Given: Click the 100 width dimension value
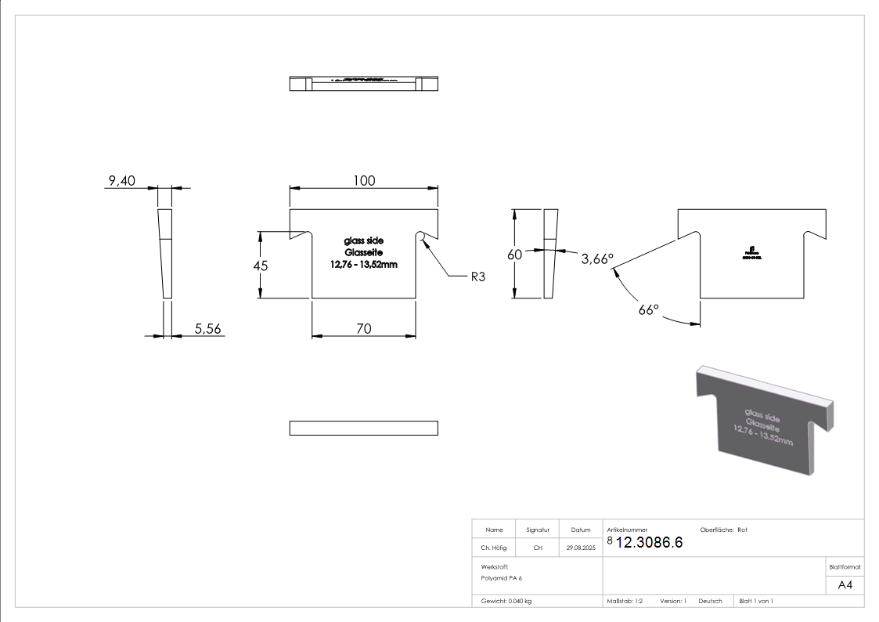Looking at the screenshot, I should coord(364,180).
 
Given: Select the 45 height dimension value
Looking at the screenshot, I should coord(261,266).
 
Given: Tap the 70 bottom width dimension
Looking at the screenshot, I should coord(364,329).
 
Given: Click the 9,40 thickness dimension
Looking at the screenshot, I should coord(122,181).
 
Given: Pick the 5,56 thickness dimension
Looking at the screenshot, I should coord(208,329).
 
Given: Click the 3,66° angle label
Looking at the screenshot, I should coord(597,258).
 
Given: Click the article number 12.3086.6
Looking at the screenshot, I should coord(649,542).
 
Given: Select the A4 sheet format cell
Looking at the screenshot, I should coord(845,585).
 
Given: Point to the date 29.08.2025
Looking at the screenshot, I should coord(581,548).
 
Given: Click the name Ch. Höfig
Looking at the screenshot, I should coord(494,548).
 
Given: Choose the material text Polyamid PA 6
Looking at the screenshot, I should coord(502,577).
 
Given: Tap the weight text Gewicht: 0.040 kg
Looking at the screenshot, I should coord(506,601).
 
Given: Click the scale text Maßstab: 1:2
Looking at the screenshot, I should coord(625,601).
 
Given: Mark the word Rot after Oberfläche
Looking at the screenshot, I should coord(742,530).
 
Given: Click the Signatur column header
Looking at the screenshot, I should coord(538,530).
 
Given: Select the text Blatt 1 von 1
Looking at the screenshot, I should coord(756,601).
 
